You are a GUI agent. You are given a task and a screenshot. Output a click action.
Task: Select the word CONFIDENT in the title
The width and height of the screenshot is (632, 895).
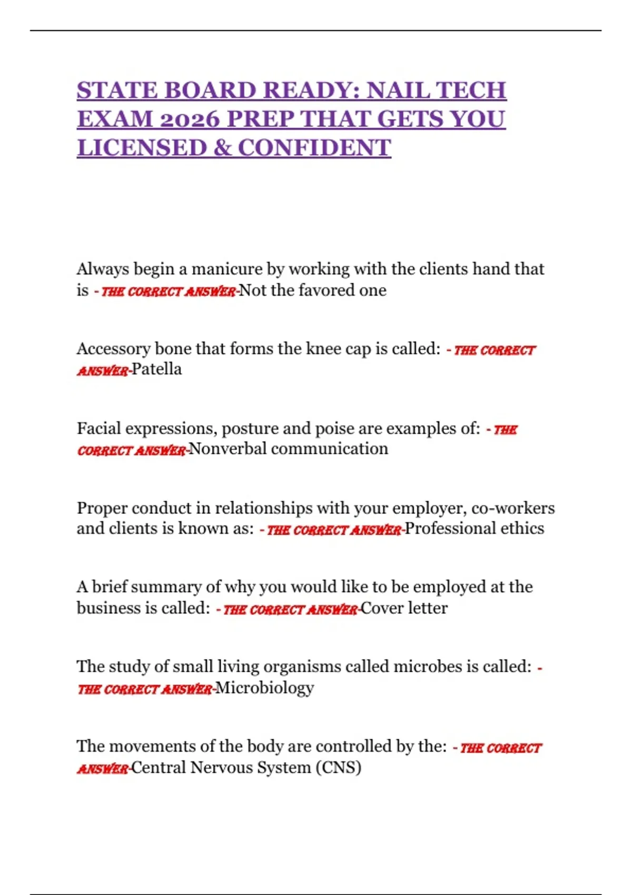click(x=314, y=148)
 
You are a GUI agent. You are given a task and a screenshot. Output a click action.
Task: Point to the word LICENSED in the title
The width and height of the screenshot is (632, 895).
click(x=142, y=148)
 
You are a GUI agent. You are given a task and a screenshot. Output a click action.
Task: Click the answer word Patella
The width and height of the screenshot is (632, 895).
click(x=156, y=369)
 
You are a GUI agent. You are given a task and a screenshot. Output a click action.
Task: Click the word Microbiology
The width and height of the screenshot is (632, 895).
click(x=264, y=688)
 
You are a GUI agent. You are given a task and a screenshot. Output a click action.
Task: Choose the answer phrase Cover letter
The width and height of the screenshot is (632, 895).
click(x=404, y=608)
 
